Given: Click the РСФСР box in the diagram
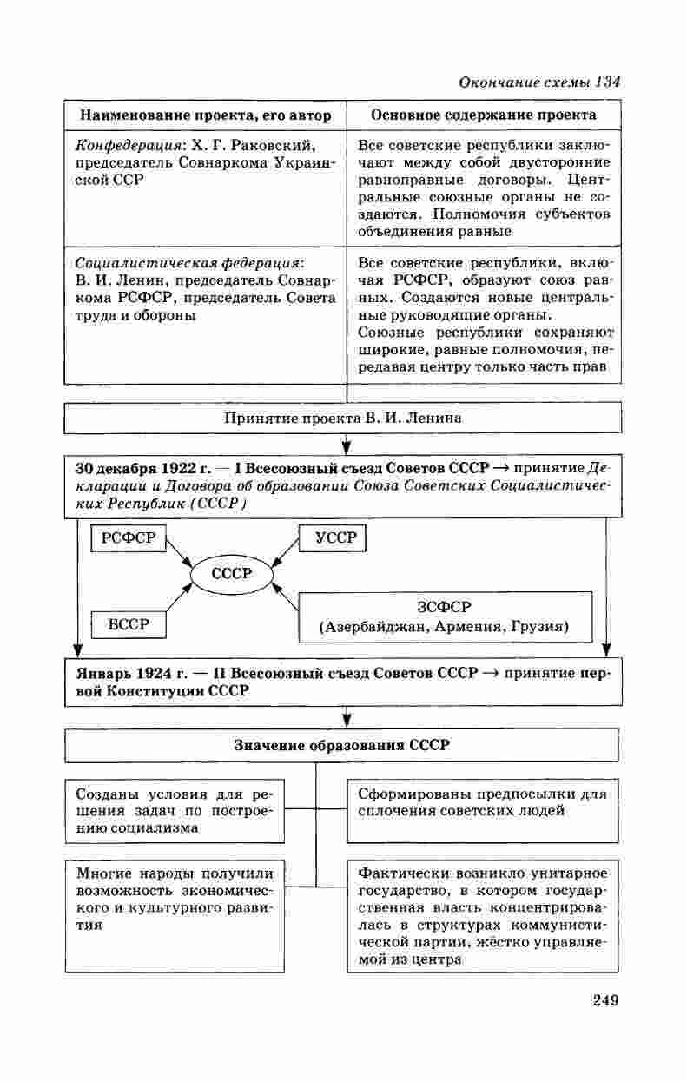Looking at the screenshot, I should [128, 538].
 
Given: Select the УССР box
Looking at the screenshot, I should [333, 538].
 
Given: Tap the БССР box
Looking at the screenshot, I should [129, 623].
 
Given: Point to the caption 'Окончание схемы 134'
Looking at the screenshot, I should [538, 82].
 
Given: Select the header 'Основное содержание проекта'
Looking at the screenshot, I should [484, 115].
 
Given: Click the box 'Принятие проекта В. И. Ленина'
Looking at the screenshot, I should [343, 418].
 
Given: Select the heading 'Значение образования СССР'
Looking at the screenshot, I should [343, 745].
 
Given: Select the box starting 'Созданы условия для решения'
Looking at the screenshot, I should [175, 810].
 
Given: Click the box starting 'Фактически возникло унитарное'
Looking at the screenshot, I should [485, 916].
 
